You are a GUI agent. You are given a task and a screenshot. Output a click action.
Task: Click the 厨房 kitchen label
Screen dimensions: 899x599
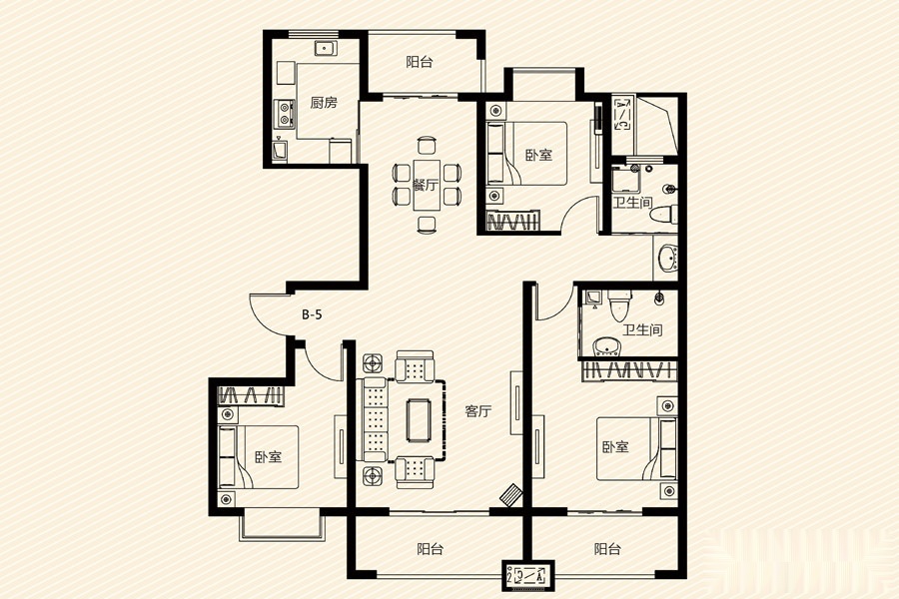point(324,103)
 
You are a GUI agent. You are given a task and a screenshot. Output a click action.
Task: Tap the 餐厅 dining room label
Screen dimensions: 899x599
point(426,185)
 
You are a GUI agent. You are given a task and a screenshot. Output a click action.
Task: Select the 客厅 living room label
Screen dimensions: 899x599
point(478,411)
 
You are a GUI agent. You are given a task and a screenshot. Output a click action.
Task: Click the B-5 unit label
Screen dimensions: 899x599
point(313,314)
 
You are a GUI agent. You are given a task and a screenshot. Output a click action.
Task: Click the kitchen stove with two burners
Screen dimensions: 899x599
point(284,113)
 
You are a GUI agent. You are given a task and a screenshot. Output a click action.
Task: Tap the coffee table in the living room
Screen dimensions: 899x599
point(420,420)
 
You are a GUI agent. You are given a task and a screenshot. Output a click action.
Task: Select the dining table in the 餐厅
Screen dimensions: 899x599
point(426,185)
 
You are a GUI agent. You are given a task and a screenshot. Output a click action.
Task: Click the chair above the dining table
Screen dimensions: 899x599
point(426,145)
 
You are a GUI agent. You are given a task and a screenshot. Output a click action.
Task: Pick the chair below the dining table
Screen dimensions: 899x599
point(426,224)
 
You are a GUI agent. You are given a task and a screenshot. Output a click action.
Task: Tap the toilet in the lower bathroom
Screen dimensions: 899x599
point(619,305)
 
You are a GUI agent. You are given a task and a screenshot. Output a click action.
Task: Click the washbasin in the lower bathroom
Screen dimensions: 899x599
point(606,346)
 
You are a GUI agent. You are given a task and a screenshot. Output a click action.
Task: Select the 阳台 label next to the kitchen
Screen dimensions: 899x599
point(420,62)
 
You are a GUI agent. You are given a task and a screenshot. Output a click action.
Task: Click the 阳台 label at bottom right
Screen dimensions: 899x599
point(607,549)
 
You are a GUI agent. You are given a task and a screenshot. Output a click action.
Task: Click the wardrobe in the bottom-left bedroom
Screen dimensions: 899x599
point(251,395)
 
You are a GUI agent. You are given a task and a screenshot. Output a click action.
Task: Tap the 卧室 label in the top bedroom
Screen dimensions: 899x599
point(539,155)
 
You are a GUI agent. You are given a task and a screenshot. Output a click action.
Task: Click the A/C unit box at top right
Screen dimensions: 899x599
point(622,114)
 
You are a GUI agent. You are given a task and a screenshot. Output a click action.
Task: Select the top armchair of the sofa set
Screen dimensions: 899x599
point(415,366)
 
